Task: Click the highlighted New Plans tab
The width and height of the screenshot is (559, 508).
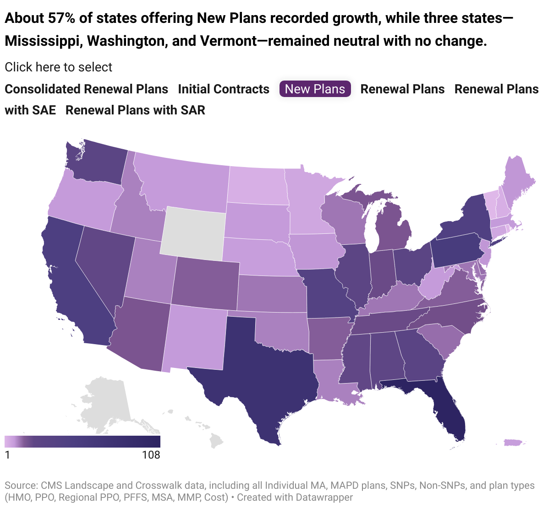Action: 315,89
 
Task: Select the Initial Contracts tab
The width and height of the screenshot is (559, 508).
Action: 224,89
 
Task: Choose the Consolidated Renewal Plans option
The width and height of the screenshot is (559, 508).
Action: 86,89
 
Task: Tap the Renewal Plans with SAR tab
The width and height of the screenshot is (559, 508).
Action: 135,110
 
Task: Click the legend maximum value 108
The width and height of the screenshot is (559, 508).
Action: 151,455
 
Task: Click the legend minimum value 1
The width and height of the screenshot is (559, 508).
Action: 7,455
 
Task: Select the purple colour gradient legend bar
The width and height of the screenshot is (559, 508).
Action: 82,441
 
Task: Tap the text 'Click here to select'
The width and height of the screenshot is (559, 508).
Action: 59,67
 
